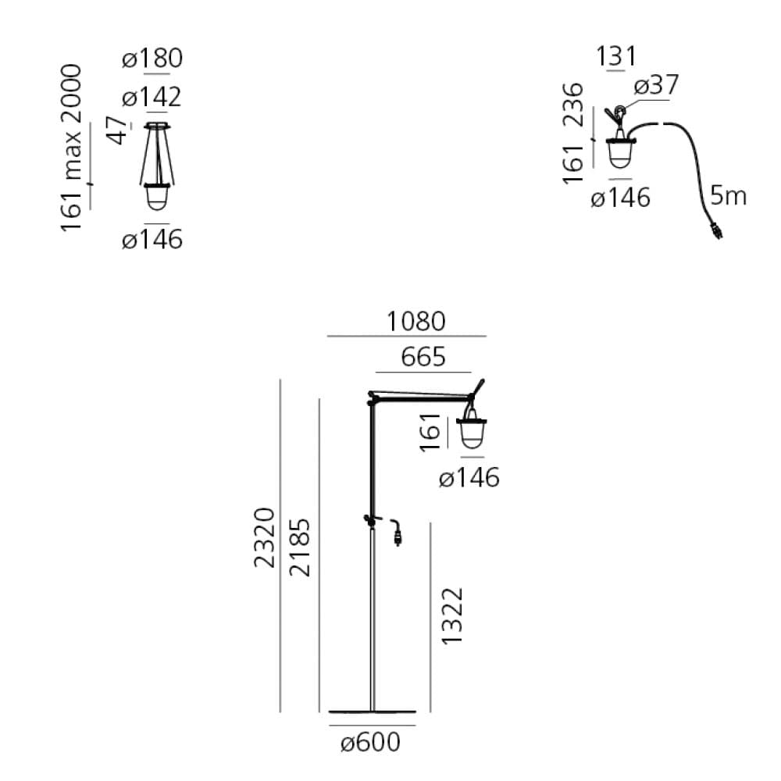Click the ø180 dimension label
(152, 59)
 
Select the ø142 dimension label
(152, 97)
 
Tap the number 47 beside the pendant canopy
(118, 130)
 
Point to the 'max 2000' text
(71, 122)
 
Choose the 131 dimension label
(616, 55)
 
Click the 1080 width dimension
(416, 321)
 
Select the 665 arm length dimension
(423, 357)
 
